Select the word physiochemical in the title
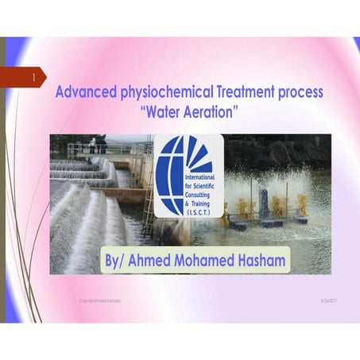161,93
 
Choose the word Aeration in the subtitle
211,112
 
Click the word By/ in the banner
118,261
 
